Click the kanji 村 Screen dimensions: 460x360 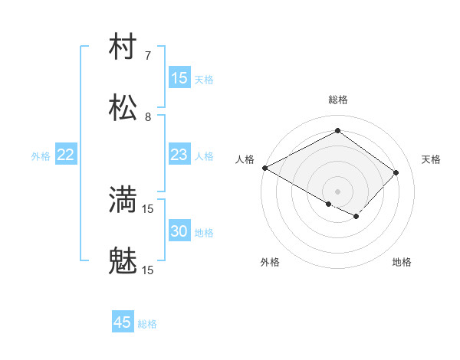(123, 47)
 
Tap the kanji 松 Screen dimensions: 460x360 (123, 109)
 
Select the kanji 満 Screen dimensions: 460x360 (123, 201)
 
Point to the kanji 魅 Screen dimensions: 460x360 (123, 262)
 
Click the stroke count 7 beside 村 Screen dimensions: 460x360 (148, 56)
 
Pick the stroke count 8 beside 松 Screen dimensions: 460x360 (148, 117)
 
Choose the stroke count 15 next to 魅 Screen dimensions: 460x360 (148, 270)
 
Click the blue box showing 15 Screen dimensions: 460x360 (179, 78)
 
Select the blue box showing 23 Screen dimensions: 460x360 (179, 155)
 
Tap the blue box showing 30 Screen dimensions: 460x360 (179, 231)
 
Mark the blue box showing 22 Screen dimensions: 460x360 (66, 155)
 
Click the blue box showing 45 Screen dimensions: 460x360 (123, 322)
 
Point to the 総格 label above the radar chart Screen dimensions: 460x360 (337, 100)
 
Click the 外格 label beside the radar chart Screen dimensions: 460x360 (270, 262)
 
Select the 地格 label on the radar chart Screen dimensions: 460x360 (402, 262)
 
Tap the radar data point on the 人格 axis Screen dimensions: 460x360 (264, 168)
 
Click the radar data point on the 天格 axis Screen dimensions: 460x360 (396, 172)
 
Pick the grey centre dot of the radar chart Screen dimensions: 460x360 (337, 191)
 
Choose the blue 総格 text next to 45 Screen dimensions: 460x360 (147, 324)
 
